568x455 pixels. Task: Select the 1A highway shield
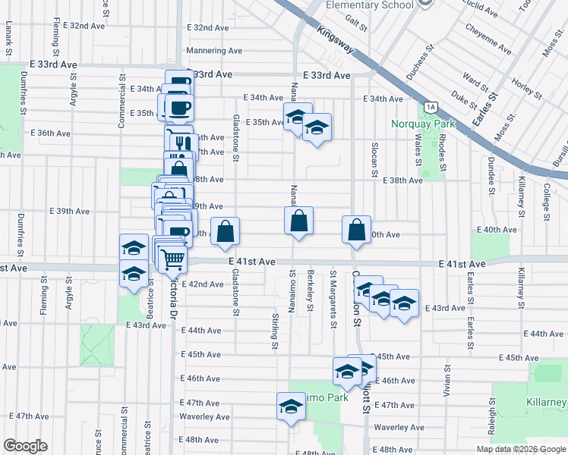click(431, 107)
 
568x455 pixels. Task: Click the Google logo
click(25, 446)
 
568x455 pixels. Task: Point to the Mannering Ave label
click(214, 52)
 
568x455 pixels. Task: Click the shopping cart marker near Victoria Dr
click(172, 259)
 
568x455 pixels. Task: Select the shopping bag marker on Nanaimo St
click(299, 221)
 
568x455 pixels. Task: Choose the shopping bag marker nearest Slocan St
click(356, 231)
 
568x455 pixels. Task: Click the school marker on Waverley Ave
click(290, 407)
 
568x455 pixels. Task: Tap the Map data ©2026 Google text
click(520, 449)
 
